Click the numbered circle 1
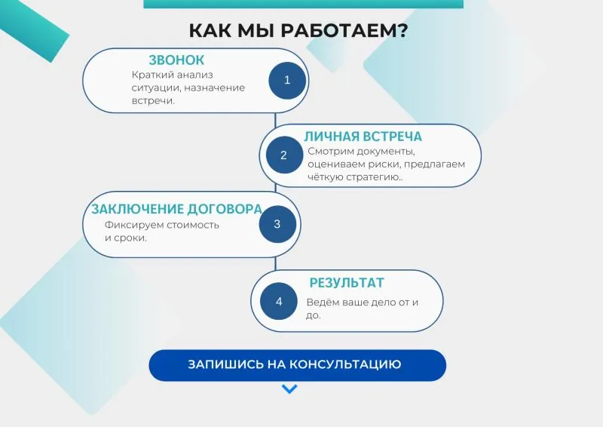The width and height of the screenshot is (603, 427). click(x=287, y=81)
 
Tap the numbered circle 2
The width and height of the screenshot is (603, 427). click(x=284, y=155)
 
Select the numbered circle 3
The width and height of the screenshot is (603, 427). click(x=277, y=224)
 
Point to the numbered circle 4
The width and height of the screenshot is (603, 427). click(x=279, y=301)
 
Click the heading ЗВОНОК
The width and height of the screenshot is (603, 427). click(x=176, y=60)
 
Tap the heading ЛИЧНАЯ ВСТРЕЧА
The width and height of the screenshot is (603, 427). click(x=363, y=137)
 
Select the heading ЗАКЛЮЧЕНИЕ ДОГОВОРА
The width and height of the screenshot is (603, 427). click(x=177, y=209)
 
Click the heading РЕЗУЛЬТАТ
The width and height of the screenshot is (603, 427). click(x=347, y=283)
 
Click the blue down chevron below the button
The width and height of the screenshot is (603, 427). click(x=289, y=389)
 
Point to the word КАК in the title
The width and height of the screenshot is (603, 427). click(x=210, y=31)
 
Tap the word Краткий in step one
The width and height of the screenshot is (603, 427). click(x=150, y=75)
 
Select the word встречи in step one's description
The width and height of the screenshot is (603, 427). click(x=153, y=101)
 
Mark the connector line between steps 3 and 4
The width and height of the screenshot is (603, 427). click(x=275, y=264)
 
